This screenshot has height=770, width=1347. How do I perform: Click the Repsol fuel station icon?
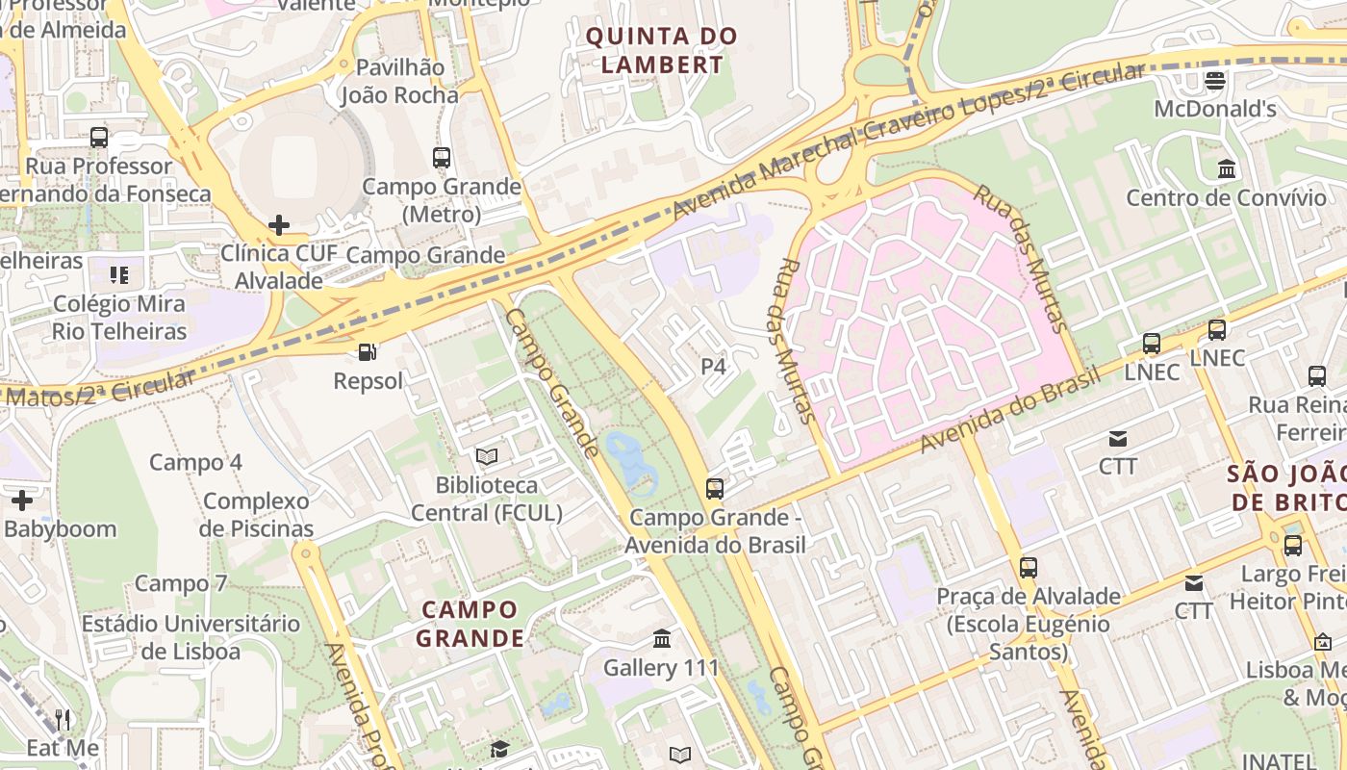[x=367, y=352]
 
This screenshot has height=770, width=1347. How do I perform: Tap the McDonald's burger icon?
[x=1215, y=80]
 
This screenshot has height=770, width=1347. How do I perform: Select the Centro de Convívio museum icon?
[x=1227, y=169]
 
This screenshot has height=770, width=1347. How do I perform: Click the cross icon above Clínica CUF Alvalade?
[x=279, y=225]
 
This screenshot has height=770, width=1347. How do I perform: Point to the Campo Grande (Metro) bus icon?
[x=442, y=157]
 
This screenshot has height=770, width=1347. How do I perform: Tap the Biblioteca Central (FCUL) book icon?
[x=487, y=455]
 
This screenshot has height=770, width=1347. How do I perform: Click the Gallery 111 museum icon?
[x=662, y=638]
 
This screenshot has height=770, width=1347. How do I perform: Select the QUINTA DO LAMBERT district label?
[x=661, y=51]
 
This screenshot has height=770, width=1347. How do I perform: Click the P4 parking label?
[x=713, y=366]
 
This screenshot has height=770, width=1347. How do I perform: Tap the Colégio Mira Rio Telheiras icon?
[x=119, y=275]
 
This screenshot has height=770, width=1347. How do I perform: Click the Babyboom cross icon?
[x=22, y=500]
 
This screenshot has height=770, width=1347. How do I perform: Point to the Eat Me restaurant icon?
[x=63, y=719]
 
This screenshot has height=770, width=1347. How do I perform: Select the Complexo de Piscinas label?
[x=256, y=514]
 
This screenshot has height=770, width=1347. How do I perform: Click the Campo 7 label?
[x=181, y=583]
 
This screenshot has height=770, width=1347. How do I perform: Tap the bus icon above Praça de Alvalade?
[x=1029, y=567]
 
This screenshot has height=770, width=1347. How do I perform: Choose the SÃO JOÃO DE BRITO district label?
[x=1286, y=487]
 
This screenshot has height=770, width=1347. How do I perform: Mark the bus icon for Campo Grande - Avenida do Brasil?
[x=714, y=488]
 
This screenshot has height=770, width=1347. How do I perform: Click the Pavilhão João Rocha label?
[x=399, y=81]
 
